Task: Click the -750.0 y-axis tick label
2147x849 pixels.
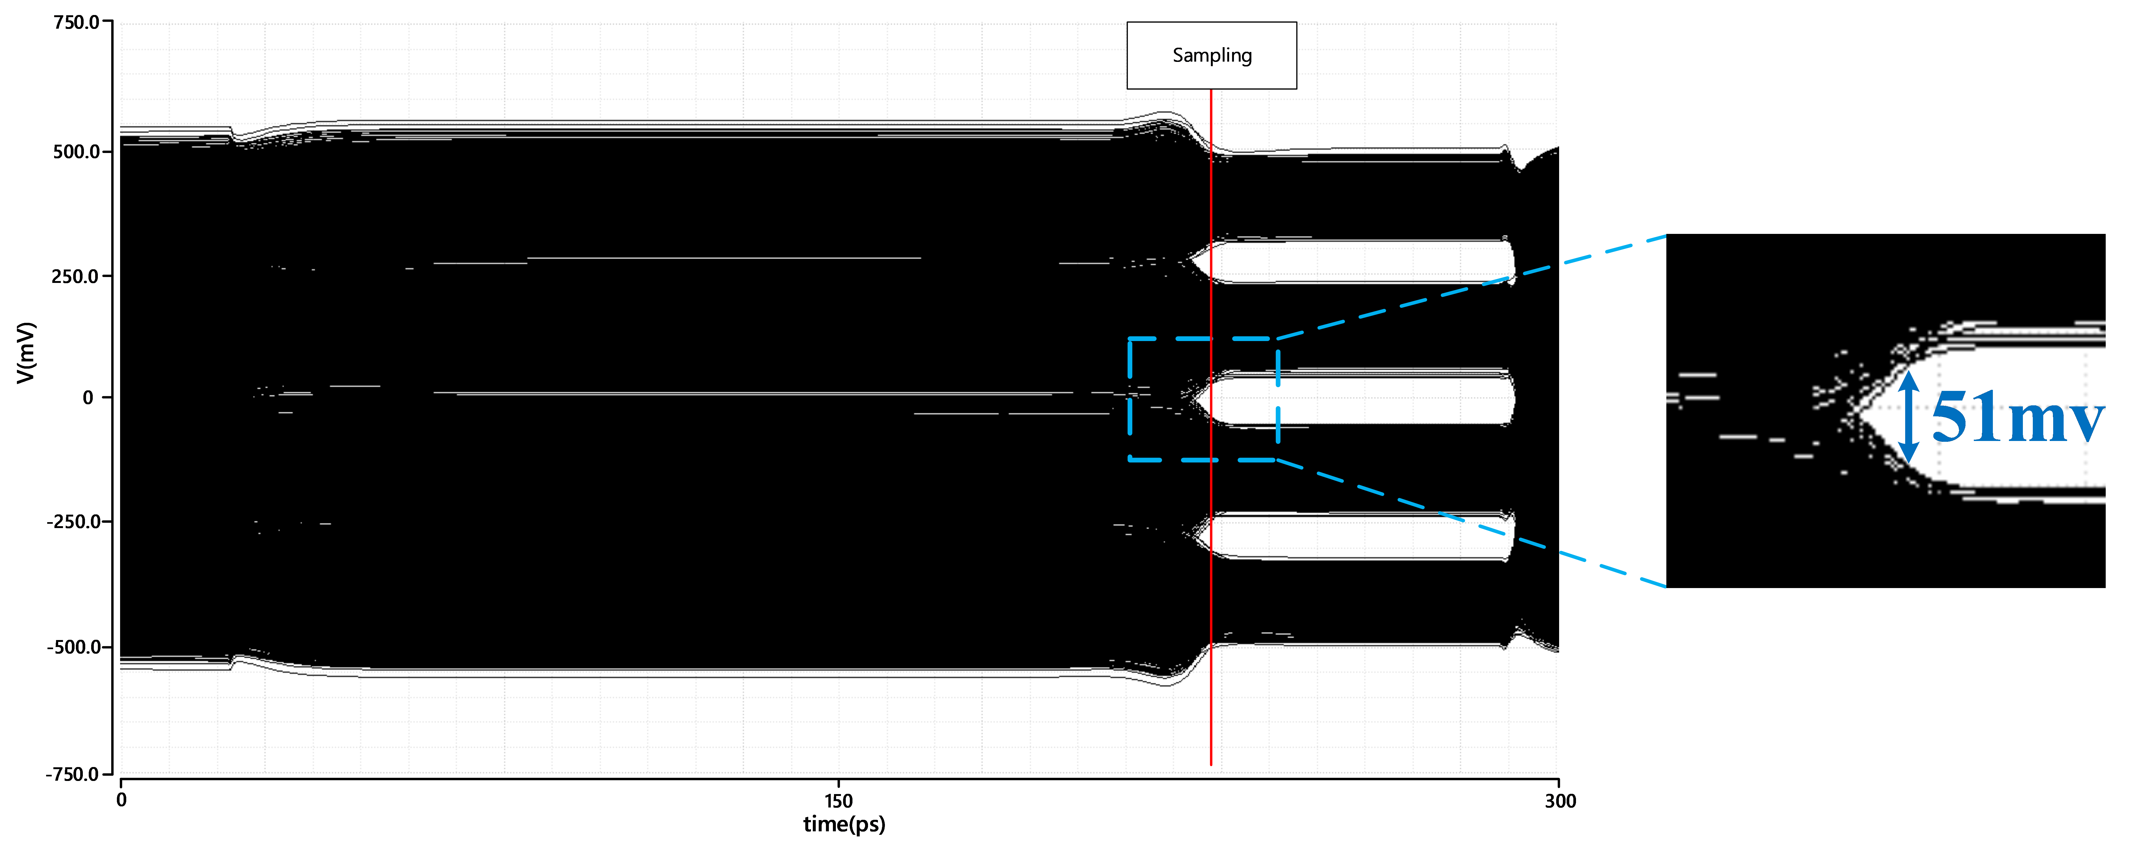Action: pos(73,774)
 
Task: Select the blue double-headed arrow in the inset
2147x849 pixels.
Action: pos(1909,417)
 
